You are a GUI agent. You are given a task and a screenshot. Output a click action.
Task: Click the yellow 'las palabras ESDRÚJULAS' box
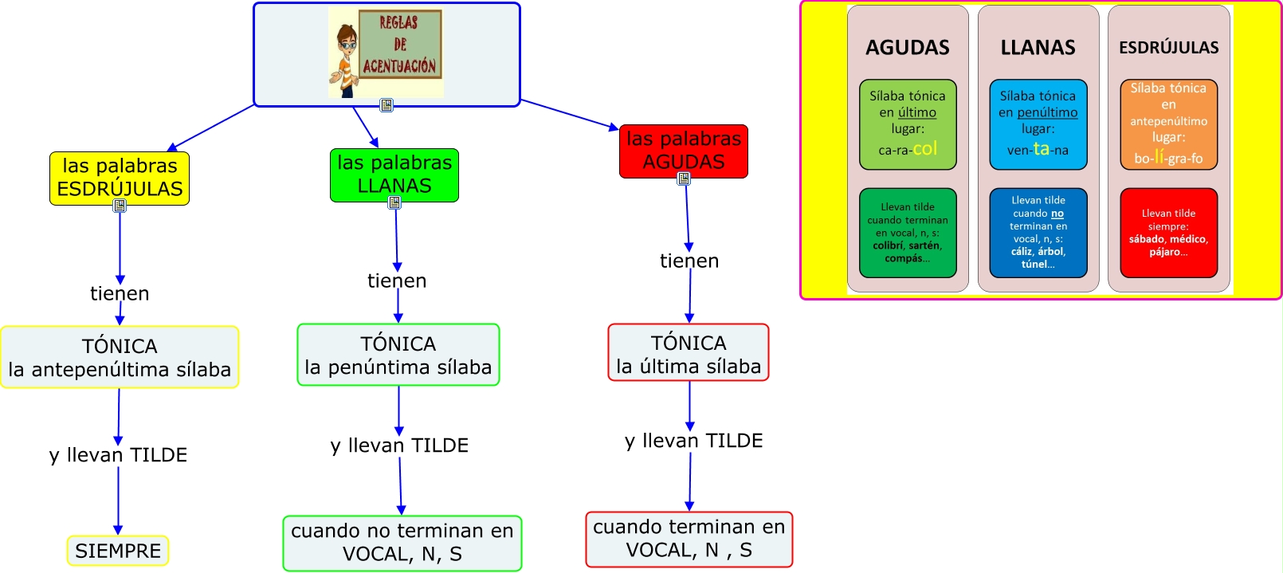[120, 178]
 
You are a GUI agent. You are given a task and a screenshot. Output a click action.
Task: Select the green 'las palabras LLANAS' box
[394, 175]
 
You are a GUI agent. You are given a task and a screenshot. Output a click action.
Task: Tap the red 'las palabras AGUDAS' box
[684, 151]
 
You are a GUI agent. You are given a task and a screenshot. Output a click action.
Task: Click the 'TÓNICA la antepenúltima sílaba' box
[120, 357]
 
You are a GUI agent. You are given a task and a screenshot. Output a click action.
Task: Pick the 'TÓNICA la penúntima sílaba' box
[398, 355]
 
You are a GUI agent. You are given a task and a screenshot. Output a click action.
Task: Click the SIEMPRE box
[118, 551]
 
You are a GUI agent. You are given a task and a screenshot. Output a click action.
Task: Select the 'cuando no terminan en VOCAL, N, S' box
[402, 543]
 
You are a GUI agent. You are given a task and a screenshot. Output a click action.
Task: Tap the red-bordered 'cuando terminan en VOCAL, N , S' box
[689, 539]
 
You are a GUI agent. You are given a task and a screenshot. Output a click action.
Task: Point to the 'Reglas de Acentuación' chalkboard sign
[400, 45]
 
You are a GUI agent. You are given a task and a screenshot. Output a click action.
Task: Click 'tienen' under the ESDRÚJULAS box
[120, 293]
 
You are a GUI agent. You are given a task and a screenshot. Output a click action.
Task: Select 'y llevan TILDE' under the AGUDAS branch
[694, 441]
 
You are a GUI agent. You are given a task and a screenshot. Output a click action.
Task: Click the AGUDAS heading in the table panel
[908, 48]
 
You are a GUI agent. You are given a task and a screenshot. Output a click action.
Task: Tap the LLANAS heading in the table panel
[1038, 48]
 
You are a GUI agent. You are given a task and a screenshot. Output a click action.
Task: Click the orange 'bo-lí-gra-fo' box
[1169, 124]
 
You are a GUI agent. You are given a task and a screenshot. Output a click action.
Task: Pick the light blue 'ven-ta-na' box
[1038, 124]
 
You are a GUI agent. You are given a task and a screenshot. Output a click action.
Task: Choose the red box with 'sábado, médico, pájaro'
[1169, 233]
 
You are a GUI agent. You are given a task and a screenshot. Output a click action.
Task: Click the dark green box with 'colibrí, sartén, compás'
[908, 233]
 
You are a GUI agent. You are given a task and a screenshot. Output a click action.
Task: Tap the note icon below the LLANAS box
[394, 202]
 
